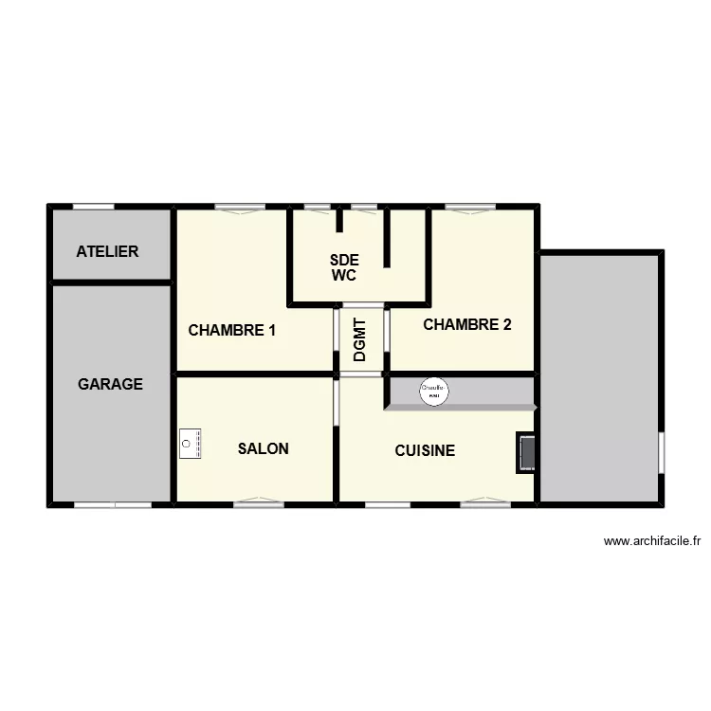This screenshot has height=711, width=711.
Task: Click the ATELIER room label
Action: (107, 251)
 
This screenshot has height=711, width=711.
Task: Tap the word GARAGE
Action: (110, 384)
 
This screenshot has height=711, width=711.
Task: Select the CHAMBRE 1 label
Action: (232, 331)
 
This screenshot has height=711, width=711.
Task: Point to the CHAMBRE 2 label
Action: (467, 324)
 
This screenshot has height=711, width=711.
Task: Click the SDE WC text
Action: (343, 268)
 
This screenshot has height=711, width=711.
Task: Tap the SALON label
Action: (264, 448)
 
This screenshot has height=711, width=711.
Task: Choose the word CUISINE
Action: (425, 450)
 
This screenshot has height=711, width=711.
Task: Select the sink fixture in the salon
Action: (190, 444)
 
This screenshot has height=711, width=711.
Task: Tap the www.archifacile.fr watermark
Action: (651, 541)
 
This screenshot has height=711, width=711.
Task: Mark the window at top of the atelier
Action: (93, 206)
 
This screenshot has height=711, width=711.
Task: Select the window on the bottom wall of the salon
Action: (259, 502)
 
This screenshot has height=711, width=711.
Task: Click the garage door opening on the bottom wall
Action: (113, 504)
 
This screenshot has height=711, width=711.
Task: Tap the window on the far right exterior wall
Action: (661, 452)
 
